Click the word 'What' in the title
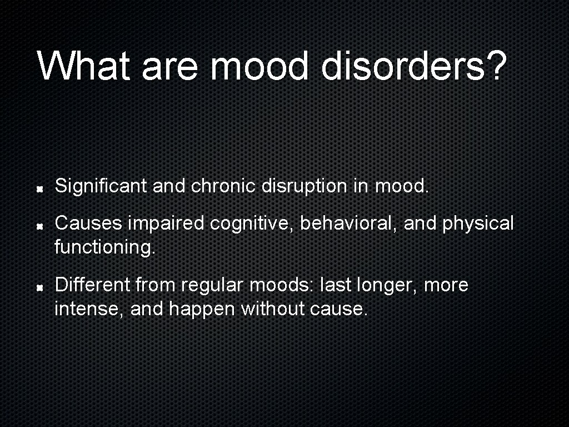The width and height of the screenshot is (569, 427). [84, 66]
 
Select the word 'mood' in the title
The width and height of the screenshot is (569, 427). [259, 66]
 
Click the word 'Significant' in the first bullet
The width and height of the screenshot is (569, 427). [101, 186]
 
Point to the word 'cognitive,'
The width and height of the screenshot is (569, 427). [253, 224]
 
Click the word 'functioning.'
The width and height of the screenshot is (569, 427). [105, 247]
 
